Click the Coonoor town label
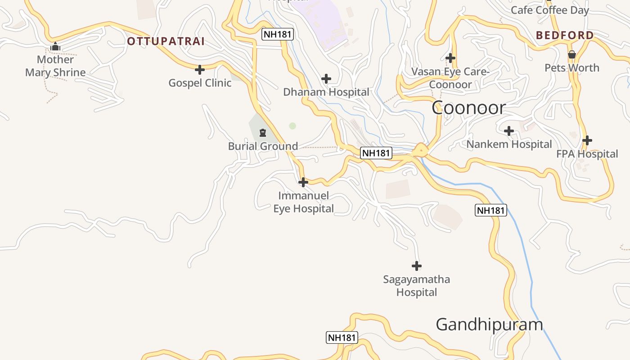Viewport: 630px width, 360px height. pos(468,108)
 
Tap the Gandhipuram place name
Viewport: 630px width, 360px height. pos(489,324)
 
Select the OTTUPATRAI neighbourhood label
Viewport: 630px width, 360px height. pos(166,41)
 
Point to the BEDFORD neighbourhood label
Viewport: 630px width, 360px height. pos(565,35)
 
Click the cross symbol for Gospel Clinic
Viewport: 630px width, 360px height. pos(200,70)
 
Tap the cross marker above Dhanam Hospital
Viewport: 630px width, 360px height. pos(326,79)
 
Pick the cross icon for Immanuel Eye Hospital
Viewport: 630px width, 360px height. pos(303,182)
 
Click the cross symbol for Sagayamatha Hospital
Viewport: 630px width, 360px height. pos(417,266)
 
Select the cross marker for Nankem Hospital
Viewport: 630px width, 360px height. pos(509,131)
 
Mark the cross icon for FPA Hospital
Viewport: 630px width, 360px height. pos(587,140)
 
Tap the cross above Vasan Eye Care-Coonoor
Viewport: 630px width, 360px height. pos(450,58)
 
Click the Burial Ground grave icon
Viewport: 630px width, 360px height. pos(263,133)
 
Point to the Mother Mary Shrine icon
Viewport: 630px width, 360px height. pos(55,46)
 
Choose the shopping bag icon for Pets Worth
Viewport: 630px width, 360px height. pos(571,55)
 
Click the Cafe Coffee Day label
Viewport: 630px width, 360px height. pos(549,10)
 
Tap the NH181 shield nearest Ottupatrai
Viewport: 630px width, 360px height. pos(278,34)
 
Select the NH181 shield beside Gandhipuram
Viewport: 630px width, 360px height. pos(342,337)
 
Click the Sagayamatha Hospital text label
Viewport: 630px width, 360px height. pos(416,286)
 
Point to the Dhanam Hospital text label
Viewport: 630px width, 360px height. pos(326,92)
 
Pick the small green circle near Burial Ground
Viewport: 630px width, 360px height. pos(292,126)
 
